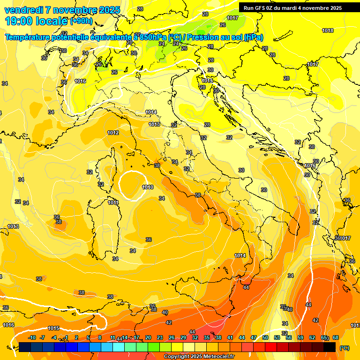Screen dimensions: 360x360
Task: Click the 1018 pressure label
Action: [328, 30]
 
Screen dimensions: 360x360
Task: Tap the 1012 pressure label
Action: [113, 133]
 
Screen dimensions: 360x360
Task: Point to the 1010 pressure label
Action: [148, 187]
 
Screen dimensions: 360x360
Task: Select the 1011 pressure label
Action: [113, 202]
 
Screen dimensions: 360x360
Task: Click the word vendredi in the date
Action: [24, 10]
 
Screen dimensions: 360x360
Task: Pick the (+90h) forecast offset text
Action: [81, 21]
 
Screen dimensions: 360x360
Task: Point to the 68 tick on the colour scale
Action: [336, 337]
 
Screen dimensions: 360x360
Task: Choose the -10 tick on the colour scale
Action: [32, 337]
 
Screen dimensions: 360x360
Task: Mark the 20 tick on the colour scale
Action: [148, 337]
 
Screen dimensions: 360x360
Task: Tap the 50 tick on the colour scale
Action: [265, 337]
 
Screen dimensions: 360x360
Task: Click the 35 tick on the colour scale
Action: [207, 337]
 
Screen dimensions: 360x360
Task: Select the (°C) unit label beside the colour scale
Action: [345, 347]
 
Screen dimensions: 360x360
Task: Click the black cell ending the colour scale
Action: [330, 347]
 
